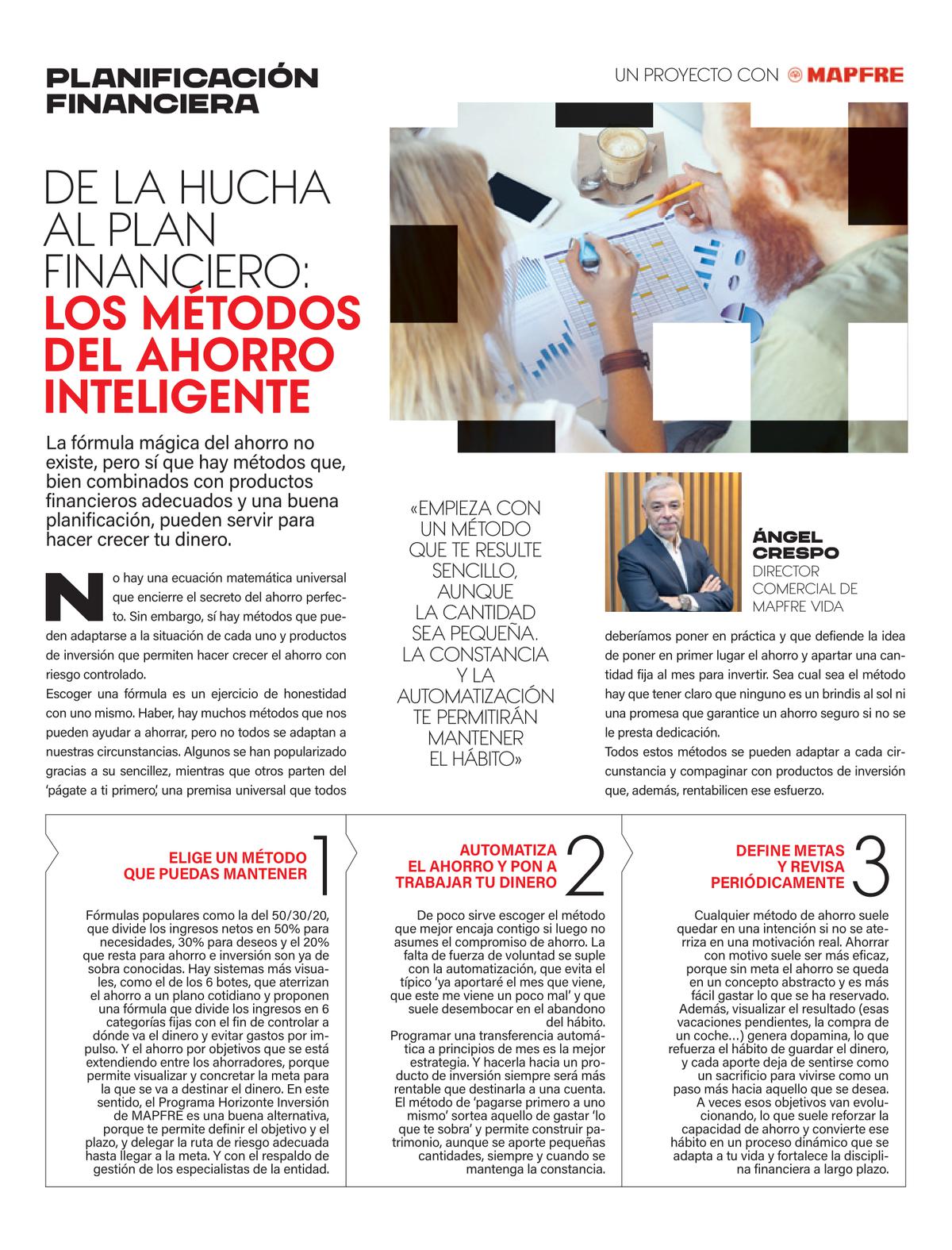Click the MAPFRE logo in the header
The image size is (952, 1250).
click(x=846, y=75)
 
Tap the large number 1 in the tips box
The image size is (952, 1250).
click(x=321, y=864)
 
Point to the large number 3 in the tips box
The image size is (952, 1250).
click(x=872, y=864)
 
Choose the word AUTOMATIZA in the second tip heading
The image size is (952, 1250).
click(x=509, y=849)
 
